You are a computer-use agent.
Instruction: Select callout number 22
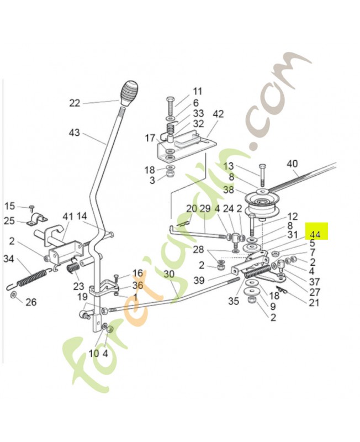tap(75, 103)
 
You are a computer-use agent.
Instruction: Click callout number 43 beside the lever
tap(75, 133)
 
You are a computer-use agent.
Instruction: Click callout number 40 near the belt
tap(292, 164)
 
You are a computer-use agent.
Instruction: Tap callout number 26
tap(31, 302)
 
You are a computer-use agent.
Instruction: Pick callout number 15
tap(10, 206)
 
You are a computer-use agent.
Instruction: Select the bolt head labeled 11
tap(170, 102)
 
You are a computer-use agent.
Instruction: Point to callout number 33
tap(198, 114)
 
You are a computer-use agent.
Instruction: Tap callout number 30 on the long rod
tap(169, 274)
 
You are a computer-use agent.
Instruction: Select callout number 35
tap(234, 301)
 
